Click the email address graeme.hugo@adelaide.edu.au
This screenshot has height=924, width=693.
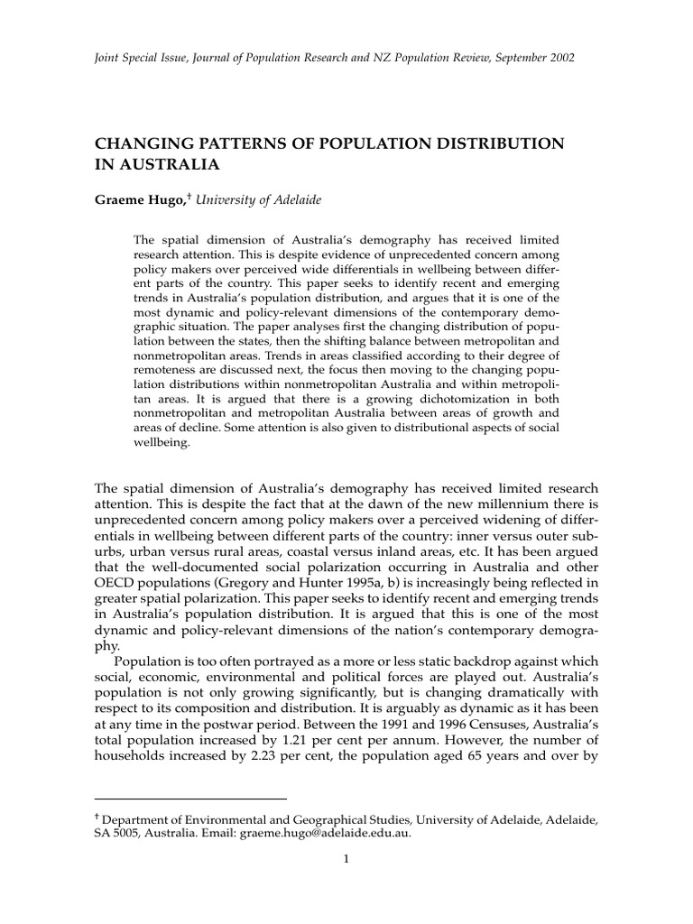pyautogui.click(x=325, y=833)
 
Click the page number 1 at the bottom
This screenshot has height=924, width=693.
pyautogui.click(x=346, y=860)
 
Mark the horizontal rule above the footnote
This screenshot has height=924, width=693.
pyautogui.click(x=189, y=798)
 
